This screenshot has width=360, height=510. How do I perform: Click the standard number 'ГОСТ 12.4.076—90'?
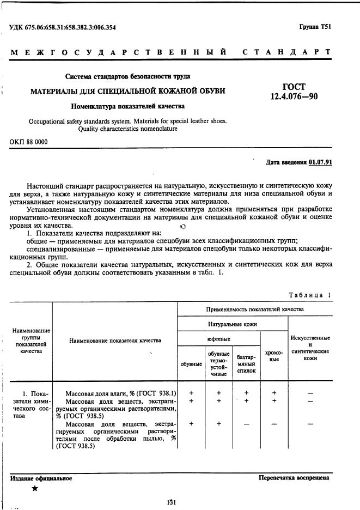tap(294, 92)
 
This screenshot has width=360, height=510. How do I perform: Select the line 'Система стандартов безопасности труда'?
tap(127, 76)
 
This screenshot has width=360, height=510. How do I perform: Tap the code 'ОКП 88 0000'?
tap(29, 142)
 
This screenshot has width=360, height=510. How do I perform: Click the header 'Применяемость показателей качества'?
tap(255, 309)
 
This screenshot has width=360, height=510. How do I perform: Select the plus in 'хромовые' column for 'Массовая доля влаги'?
tap(274, 393)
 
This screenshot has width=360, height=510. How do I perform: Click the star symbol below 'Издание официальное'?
tap(35, 489)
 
